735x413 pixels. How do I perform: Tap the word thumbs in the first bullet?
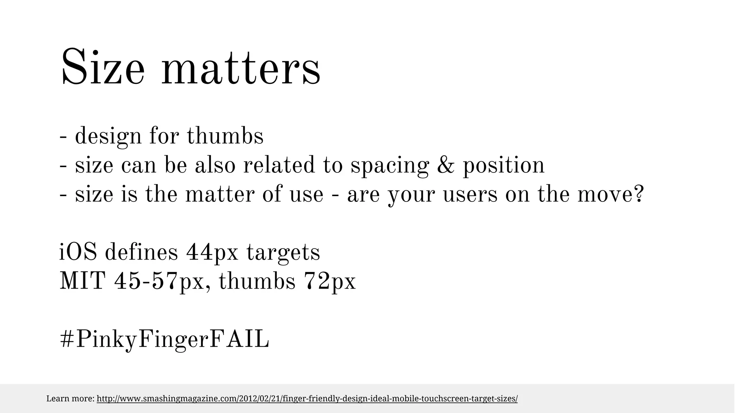point(225,136)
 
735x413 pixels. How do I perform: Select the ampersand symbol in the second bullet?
point(446,165)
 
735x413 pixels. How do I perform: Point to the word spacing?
point(389,166)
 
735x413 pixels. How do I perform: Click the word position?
point(504,166)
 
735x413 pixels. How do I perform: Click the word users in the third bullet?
point(470,195)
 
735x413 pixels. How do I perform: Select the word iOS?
point(78,252)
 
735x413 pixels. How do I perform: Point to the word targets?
point(283,253)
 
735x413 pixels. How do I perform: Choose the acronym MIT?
point(83,281)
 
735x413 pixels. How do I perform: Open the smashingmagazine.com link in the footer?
point(307,399)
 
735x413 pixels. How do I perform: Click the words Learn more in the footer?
point(70,399)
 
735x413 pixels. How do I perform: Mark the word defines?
point(141,252)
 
